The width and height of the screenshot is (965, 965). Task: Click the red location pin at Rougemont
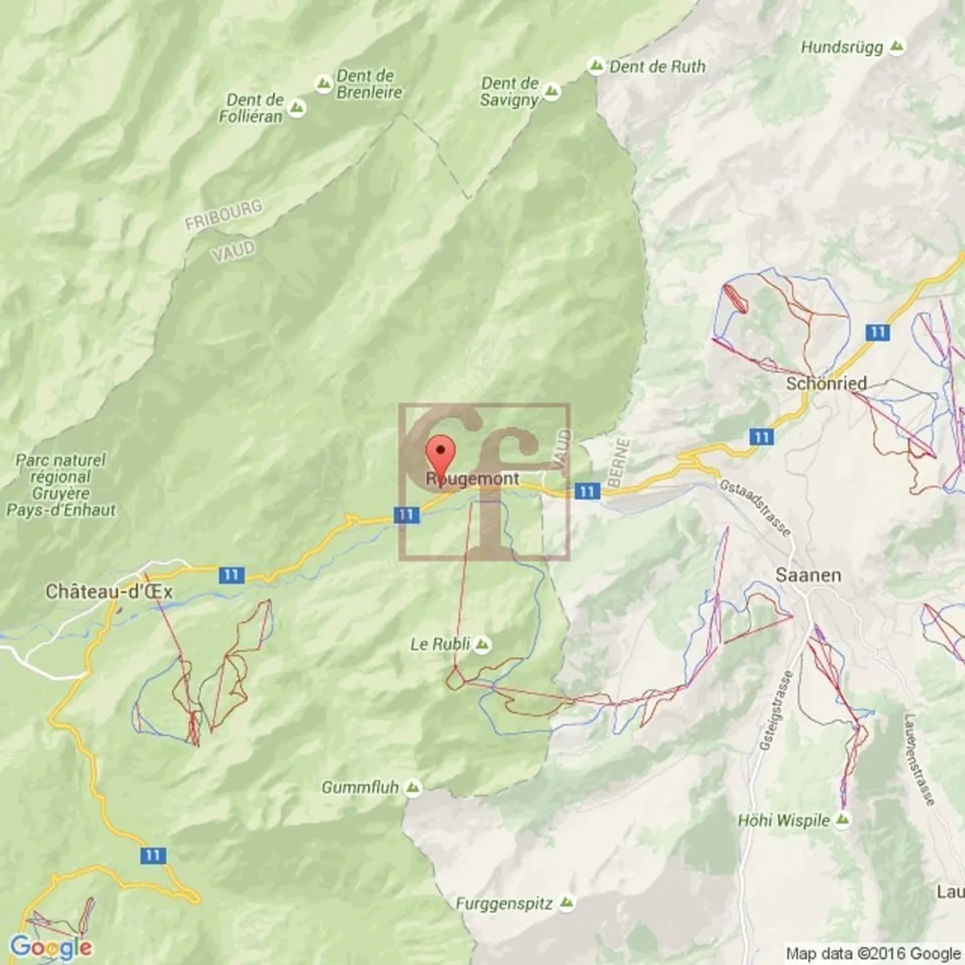coord(440,453)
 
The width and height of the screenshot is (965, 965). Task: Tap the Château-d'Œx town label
coord(109,592)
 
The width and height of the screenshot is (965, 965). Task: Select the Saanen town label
coord(808,575)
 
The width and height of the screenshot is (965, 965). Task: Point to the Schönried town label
coord(826,383)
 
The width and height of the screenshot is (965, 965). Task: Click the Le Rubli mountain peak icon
coord(482,645)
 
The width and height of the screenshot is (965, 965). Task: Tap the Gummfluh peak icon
coord(413,787)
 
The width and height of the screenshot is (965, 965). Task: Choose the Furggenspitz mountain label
coord(504,903)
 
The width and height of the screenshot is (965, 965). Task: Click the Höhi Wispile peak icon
coord(842,820)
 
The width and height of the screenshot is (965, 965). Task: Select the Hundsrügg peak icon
coord(897,47)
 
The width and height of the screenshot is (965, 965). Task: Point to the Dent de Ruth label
coord(657,66)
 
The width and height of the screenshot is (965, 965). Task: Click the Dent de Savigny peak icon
coord(552,92)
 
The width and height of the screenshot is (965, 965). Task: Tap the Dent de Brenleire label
coord(369,84)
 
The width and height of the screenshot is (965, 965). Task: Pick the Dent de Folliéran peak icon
coord(296,108)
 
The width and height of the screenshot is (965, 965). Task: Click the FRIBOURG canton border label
coord(223,215)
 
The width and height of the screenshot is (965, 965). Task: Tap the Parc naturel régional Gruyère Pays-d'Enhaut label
coord(61,485)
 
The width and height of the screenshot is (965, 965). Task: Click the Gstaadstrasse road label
coord(755,507)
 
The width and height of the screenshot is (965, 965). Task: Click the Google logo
coord(51,947)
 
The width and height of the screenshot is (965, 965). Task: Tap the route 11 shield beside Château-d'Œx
coord(231,575)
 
